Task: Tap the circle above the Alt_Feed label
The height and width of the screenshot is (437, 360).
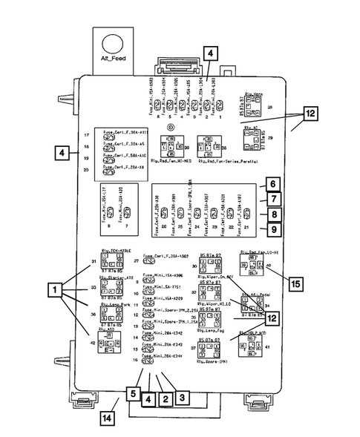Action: coord(116,42)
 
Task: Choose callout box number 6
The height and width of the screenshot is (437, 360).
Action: coord(272,184)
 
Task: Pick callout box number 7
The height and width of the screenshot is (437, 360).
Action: coord(272,200)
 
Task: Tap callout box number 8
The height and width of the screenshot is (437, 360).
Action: coord(272,215)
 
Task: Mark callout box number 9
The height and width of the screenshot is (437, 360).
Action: coord(272,231)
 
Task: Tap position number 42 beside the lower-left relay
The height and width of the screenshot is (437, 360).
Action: coord(94,342)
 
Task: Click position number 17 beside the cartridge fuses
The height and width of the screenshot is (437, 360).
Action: coord(87,136)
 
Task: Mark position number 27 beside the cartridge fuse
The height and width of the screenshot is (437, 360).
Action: coord(136,261)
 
